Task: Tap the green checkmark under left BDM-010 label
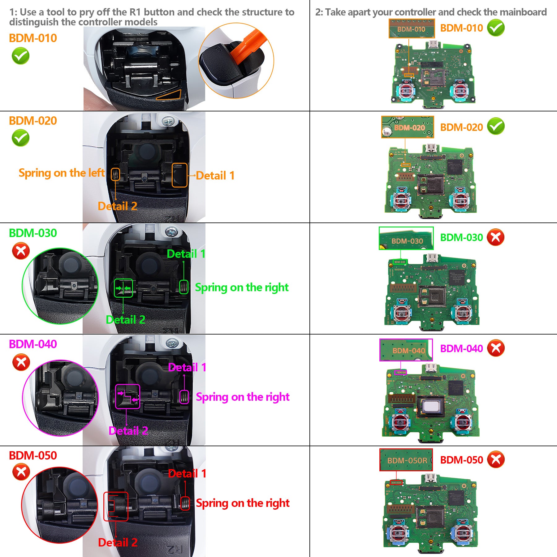tap(20, 56)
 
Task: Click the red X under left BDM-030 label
tap(21, 251)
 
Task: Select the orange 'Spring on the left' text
tap(62, 173)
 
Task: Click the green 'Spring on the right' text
tap(242, 287)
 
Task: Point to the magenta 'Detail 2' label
tap(128, 431)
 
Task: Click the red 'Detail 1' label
tap(187, 473)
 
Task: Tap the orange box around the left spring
tap(115, 175)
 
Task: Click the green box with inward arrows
tap(123, 288)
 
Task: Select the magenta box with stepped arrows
tap(127, 396)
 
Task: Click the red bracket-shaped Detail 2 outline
tap(115, 507)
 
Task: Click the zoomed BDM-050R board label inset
tap(406, 460)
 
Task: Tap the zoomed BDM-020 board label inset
tap(407, 127)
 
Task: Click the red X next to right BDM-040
tap(496, 348)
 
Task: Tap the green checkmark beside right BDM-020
tap(496, 126)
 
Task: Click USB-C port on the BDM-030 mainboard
tap(432, 258)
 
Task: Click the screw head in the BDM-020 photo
tap(168, 121)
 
